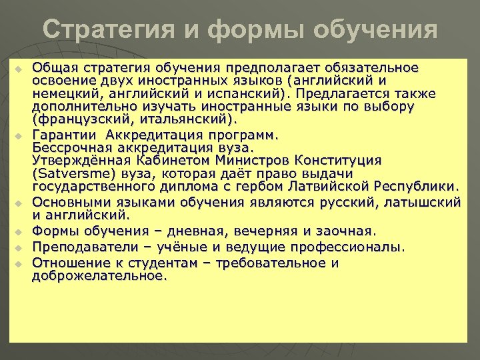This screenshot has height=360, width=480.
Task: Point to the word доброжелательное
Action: coord(98,275)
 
